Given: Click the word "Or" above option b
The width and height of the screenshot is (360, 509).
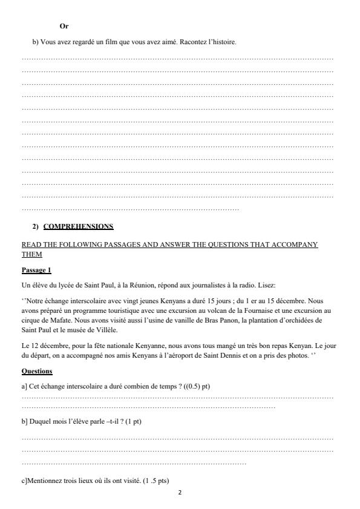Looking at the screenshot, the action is (65, 26).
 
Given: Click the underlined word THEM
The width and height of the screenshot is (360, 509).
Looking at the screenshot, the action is (30, 254).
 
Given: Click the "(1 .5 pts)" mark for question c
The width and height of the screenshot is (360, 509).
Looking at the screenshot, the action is (154, 481).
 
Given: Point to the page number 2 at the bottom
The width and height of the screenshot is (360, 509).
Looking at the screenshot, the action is (180, 493).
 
